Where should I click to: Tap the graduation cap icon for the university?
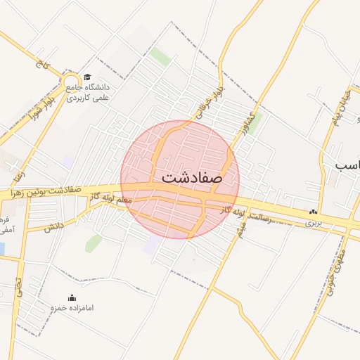tap(86, 77)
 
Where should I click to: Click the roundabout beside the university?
tap(71, 84)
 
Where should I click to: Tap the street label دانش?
tap(54, 226)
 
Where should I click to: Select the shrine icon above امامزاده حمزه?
tap(72, 297)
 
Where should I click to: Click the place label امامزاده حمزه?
tap(72, 308)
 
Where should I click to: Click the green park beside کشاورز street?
tap(254, 120)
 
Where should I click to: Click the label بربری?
tap(312, 223)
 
